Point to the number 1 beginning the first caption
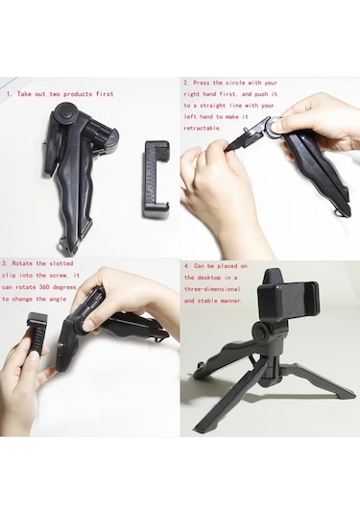pos(9,94)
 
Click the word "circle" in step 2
pos(237,84)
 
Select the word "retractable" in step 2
pos(204,128)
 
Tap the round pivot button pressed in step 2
pos(275,124)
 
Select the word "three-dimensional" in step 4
pos(228,288)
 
